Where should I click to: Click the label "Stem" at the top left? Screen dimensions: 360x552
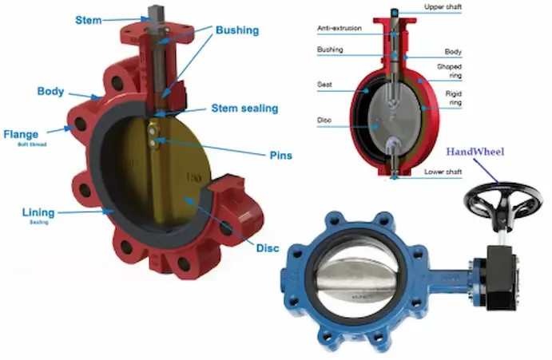[89, 18]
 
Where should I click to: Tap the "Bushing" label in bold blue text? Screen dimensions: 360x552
[237, 30]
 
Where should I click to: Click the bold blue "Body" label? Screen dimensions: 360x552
[51, 92]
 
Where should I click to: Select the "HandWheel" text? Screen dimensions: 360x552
[476, 152]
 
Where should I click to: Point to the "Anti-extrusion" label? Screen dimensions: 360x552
[339, 28]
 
